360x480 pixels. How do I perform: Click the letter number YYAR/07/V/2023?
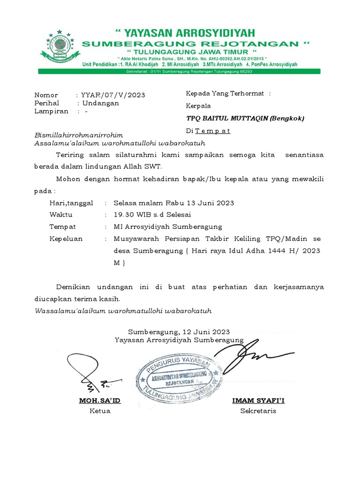tap(113, 95)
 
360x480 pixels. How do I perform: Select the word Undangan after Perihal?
tap(101, 103)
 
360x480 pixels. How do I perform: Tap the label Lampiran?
tap(51, 111)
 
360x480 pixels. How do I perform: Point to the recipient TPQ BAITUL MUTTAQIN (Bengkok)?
tap(245, 119)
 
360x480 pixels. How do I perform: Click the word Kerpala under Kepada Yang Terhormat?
tap(199, 106)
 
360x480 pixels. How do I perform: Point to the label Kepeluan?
tap(66, 239)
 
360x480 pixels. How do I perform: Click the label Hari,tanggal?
tap(71, 203)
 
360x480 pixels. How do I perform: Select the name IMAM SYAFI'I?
tap(258, 400)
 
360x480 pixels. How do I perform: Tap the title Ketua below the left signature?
tap(100, 411)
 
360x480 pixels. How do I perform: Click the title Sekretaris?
tap(258, 411)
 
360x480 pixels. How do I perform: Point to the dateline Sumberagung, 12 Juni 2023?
tap(179, 330)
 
